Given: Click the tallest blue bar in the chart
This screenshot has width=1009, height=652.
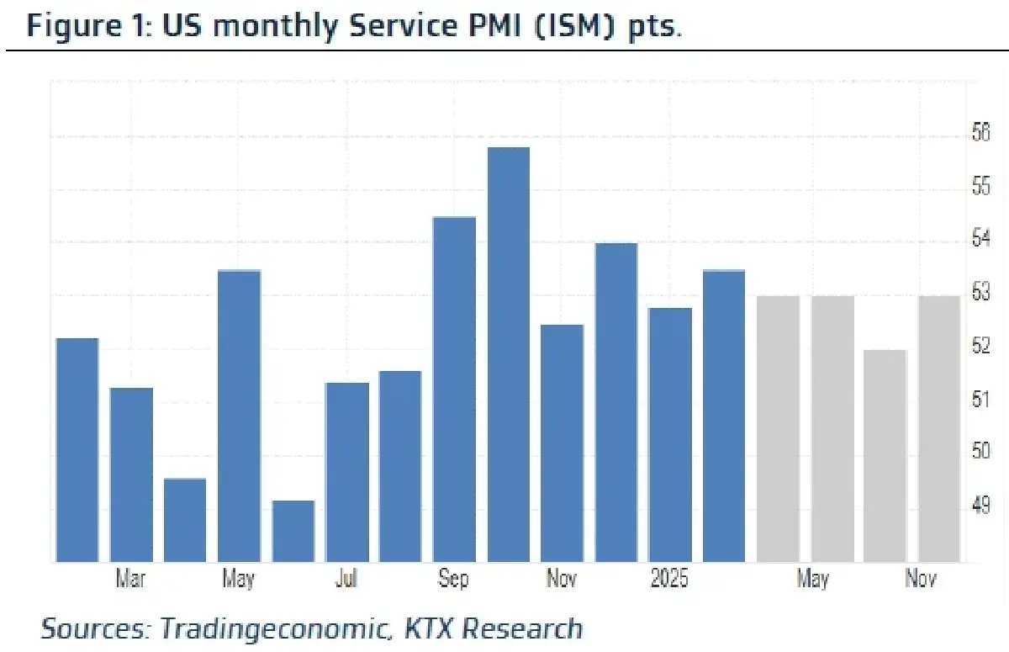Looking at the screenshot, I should point(509,353).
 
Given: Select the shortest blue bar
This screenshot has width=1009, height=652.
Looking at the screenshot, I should point(293,531).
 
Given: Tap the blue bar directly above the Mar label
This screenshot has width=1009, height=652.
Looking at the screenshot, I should point(132,474).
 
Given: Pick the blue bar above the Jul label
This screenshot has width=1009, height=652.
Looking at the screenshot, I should point(347,472).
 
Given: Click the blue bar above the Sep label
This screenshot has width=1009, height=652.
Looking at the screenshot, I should point(455,389).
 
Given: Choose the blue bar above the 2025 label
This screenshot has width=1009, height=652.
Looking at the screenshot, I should point(670,434).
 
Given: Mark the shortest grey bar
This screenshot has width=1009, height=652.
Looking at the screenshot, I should point(885,455).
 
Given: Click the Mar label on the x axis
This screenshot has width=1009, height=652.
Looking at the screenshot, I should point(130,580).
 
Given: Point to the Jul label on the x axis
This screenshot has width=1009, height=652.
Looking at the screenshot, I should point(346,580).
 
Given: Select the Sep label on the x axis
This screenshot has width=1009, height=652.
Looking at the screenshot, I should point(453,580).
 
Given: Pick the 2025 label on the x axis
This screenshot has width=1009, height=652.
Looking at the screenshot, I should point(669,580).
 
